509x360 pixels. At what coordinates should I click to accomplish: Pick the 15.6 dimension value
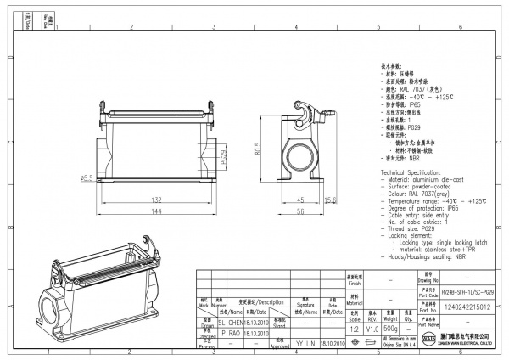(x=332, y=201)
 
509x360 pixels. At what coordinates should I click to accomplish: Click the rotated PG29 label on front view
(x=223, y=159)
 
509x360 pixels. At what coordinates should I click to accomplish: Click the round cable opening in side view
(x=302, y=154)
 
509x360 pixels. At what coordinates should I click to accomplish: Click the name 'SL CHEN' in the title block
(x=232, y=323)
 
